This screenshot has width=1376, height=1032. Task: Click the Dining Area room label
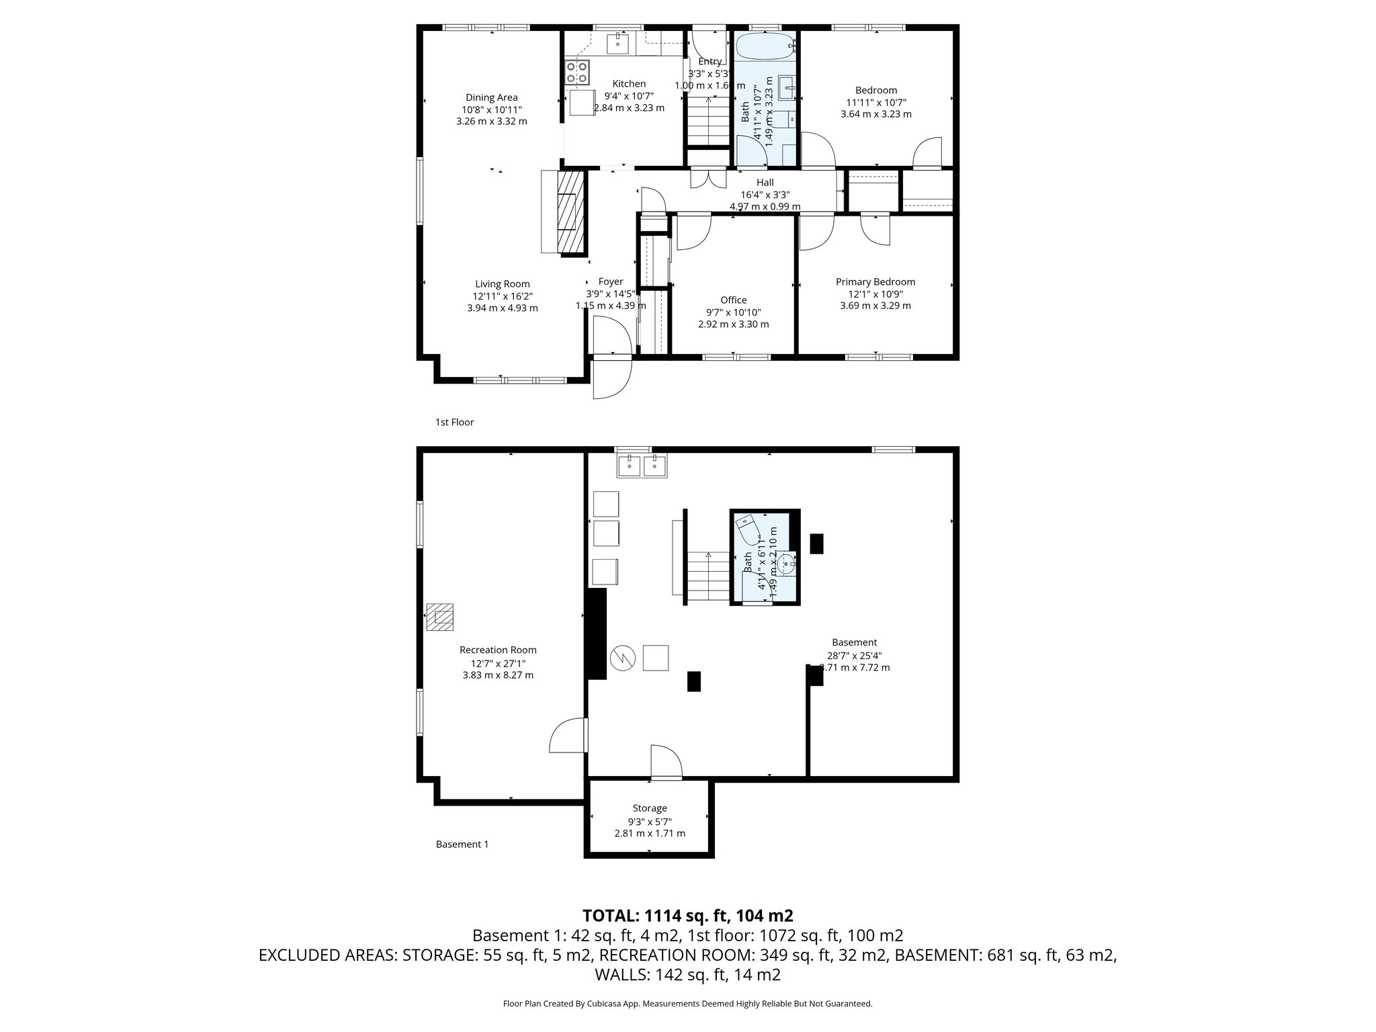pos(492,97)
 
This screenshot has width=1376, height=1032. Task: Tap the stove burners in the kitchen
pos(577,72)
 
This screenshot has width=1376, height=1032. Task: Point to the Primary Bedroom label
pos(875,282)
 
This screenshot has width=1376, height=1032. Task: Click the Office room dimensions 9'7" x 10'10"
pos(733,312)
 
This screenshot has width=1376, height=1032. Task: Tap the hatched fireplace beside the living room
pos(570,211)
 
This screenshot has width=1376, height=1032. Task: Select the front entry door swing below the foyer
pos(611,378)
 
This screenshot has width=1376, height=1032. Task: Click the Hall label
pos(765,183)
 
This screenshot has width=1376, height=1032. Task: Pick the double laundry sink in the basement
pos(642,465)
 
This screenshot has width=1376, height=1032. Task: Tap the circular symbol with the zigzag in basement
pos(622,657)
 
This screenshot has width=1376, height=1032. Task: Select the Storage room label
pos(649,808)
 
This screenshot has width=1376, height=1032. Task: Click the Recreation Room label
pos(498,650)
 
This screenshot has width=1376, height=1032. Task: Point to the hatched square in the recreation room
pos(441,617)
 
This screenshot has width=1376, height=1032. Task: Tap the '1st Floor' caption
pos(454,422)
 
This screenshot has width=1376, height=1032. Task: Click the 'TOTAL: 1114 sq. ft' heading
pos(687,916)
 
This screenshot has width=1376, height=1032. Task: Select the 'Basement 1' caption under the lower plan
pos(462,845)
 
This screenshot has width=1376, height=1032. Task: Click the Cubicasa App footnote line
pos(687,1004)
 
